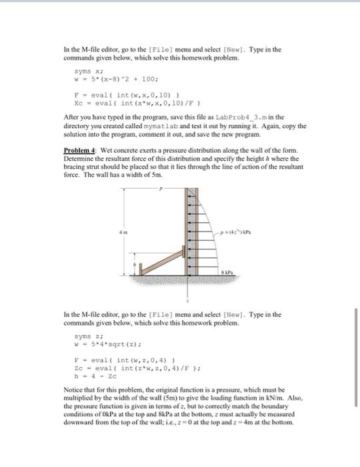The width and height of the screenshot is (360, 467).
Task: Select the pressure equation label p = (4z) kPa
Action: point(230,231)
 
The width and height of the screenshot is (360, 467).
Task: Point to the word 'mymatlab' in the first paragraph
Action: point(161,125)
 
